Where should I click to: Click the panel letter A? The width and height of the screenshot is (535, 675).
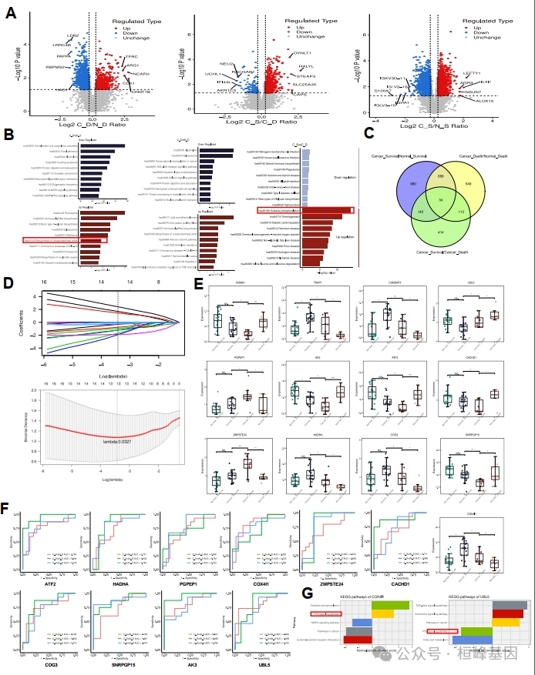pyautogui.click(x=11, y=14)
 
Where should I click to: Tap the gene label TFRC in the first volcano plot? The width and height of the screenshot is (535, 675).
pyautogui.click(x=133, y=56)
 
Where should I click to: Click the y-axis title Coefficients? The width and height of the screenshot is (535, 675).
pyautogui.click(x=21, y=313)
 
